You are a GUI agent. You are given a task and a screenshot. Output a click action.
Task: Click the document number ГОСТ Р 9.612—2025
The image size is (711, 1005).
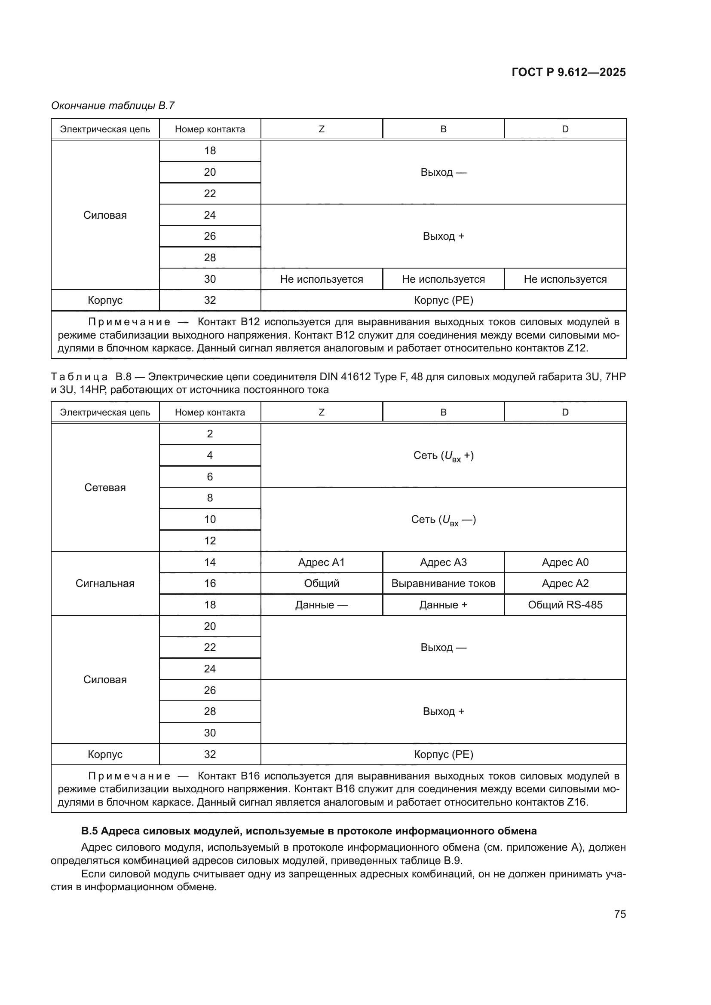568,72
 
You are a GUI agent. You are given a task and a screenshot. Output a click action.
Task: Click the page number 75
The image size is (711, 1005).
619,914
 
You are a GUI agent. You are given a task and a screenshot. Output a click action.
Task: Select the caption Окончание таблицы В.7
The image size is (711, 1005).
113,106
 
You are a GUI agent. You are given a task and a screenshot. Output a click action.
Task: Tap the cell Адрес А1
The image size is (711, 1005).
322,562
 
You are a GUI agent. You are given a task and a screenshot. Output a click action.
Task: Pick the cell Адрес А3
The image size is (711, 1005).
443,562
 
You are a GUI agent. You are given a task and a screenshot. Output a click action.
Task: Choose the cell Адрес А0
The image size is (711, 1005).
565,562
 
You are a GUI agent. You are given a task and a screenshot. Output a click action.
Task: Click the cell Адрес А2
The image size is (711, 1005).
565,583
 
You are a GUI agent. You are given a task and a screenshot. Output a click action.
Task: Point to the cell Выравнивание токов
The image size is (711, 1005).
443,583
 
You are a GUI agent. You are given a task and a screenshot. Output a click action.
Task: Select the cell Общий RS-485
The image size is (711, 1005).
565,605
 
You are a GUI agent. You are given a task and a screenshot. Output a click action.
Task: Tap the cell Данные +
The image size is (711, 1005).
443,605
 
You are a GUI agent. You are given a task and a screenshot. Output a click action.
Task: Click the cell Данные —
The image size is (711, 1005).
322,605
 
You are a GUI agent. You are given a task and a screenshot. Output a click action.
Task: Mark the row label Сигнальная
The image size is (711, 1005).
105,583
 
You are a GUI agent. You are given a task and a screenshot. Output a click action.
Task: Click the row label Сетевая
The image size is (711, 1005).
105,487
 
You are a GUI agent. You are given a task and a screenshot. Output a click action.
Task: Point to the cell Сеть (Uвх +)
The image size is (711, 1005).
443,455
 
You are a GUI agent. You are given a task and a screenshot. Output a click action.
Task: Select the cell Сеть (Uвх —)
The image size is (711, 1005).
443,519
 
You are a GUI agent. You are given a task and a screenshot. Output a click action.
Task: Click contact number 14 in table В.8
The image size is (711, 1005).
210,562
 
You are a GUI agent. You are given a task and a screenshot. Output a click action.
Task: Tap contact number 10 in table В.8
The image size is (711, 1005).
210,519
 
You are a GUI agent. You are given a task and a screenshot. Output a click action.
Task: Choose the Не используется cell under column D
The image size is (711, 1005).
565,279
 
